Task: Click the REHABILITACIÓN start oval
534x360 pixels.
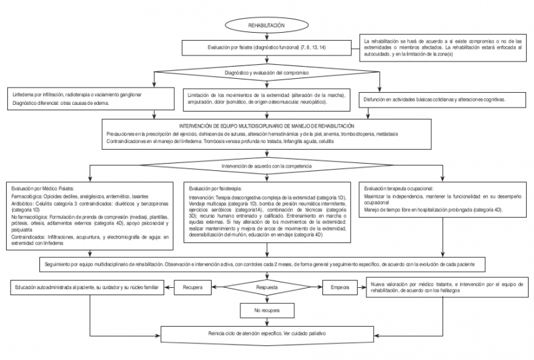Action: pos(266,25)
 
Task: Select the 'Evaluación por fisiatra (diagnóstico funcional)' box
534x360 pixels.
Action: pos(267,48)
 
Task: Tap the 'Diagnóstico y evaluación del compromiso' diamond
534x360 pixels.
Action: pos(267,70)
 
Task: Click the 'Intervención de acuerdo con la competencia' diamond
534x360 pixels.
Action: pos(267,164)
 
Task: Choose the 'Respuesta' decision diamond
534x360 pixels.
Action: pos(266,289)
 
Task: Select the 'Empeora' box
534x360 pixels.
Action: pos(340,289)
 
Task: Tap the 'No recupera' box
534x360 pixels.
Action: pos(266,311)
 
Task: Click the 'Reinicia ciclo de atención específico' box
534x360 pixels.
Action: pos(267,332)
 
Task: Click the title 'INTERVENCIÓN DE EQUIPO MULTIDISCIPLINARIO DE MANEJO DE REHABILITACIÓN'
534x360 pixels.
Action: pos(267,126)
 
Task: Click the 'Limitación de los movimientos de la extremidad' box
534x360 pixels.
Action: pos(267,99)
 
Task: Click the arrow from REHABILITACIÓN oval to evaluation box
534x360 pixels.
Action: pos(267,36)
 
